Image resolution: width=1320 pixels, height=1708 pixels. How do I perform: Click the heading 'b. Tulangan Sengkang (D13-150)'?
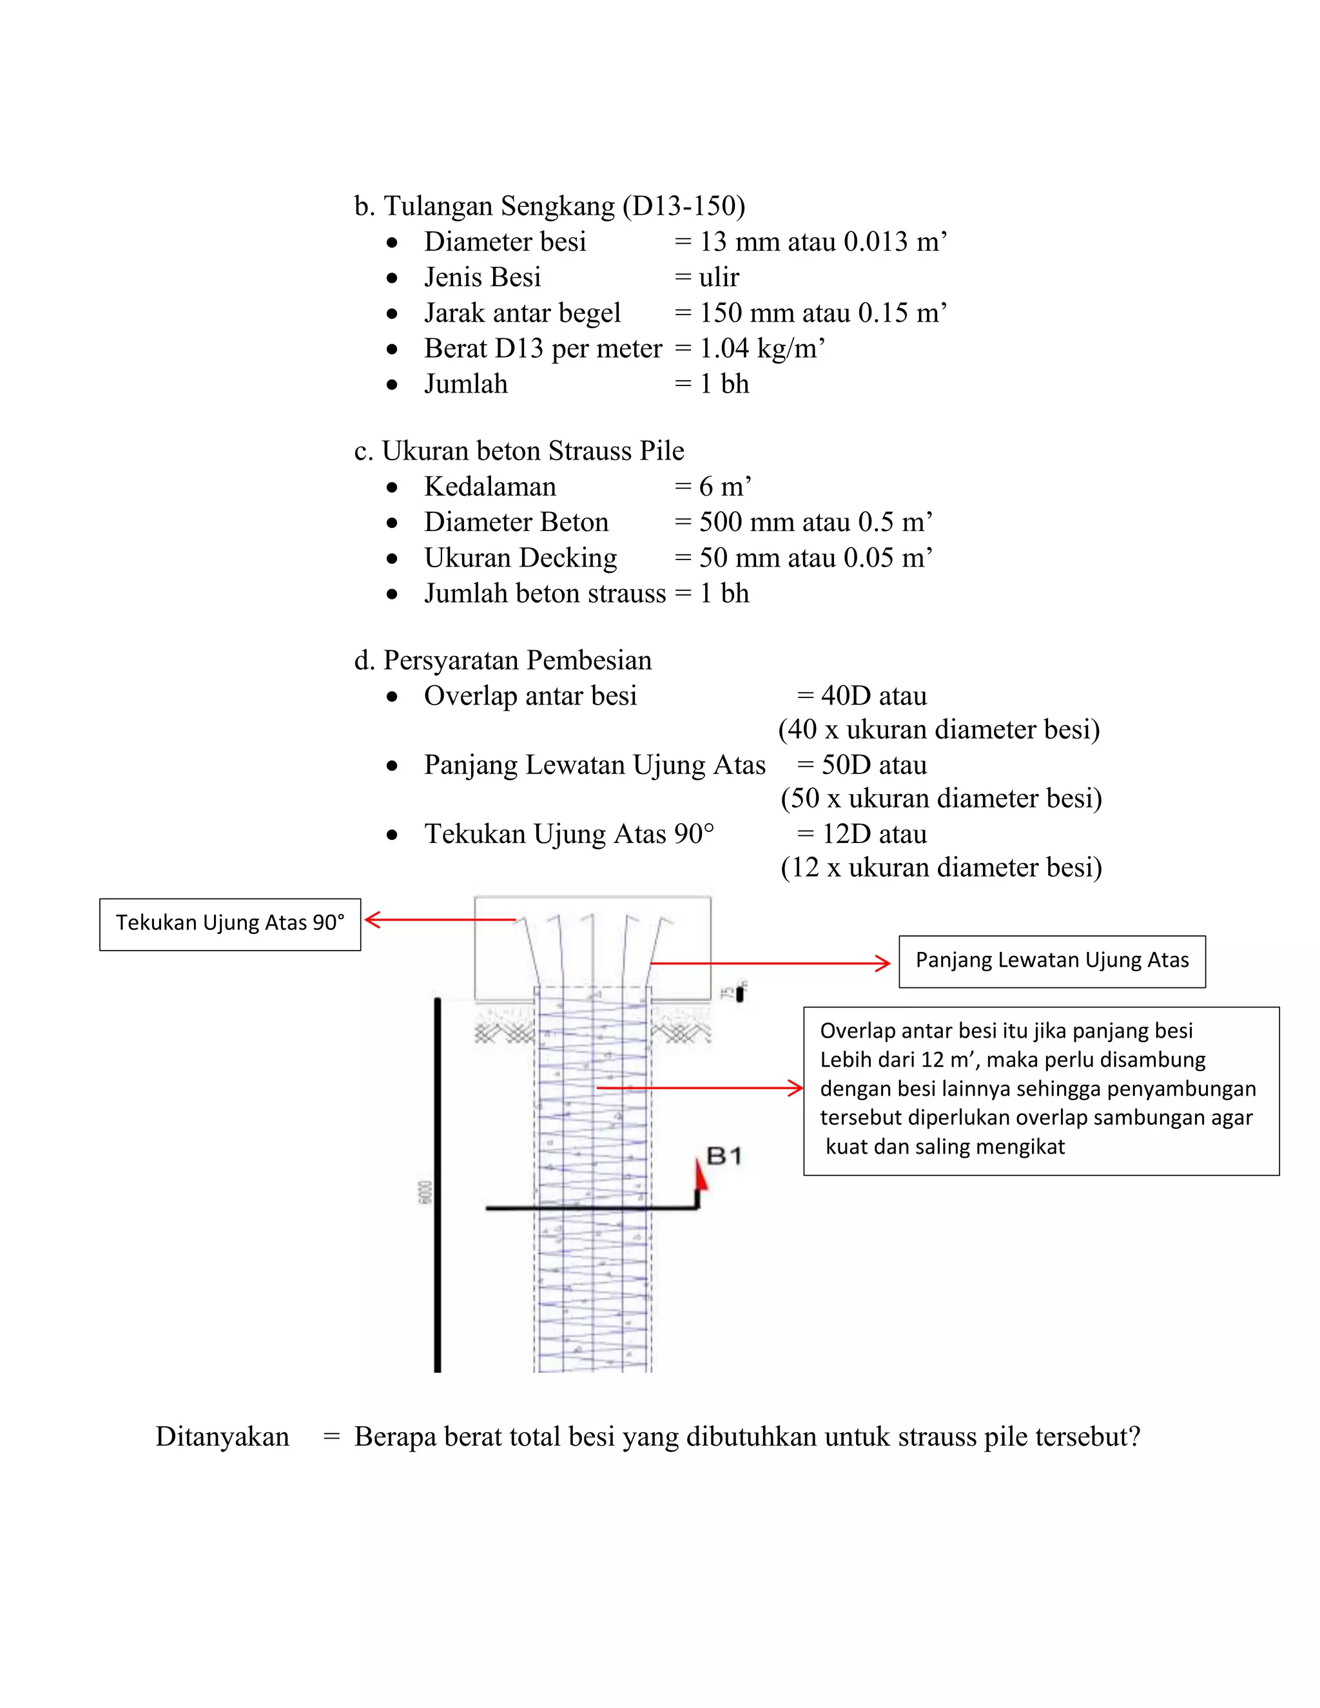click(549, 206)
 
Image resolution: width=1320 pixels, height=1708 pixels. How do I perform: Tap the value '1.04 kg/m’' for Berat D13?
click(762, 349)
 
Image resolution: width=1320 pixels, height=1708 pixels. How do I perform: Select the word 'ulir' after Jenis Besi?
click(719, 278)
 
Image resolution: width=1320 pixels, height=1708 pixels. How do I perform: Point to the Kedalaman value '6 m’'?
click(725, 487)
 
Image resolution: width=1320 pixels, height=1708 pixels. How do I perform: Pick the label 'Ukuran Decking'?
click(520, 558)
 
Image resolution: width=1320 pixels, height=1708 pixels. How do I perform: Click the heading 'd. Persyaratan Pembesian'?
click(502, 661)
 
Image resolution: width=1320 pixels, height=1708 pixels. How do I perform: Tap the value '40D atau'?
click(873, 696)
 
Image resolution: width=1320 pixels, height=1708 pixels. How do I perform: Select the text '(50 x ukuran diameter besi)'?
click(941, 799)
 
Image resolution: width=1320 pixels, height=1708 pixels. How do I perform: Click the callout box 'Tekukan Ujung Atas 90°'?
click(230, 924)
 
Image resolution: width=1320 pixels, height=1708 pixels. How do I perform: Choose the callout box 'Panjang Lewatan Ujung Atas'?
click(1052, 961)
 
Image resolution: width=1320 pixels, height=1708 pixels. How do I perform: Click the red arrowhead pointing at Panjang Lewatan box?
click(883, 964)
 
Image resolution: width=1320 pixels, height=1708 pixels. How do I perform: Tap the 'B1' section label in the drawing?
click(723, 1156)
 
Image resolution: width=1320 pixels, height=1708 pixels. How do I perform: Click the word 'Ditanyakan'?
click(222, 1437)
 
